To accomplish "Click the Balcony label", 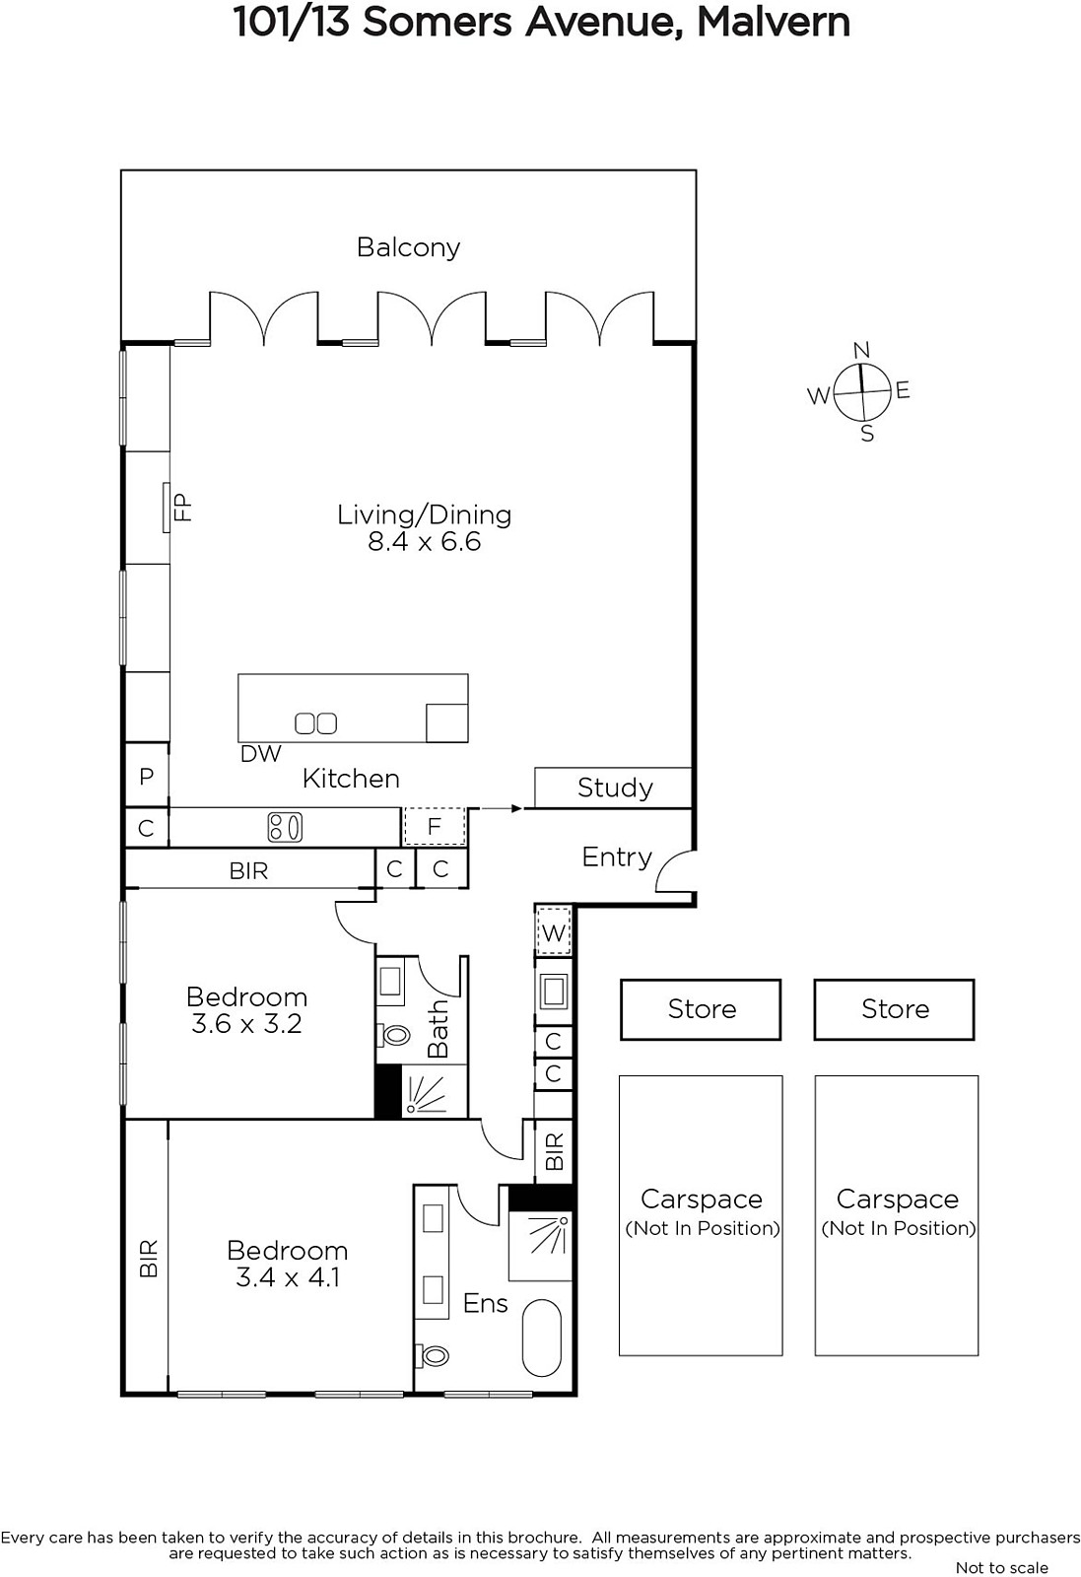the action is click(408, 247).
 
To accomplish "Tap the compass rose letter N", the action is click(861, 350).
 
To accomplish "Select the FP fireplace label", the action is click(182, 507).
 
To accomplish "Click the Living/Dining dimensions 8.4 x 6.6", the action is click(425, 541).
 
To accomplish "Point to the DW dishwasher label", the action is click(260, 754).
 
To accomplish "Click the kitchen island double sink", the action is click(315, 723).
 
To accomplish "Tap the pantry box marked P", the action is click(147, 775).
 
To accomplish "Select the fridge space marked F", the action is click(435, 826).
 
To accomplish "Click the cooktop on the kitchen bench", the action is click(285, 827).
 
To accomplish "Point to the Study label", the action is click(615, 788).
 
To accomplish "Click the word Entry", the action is click(617, 857).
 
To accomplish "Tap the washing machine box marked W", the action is click(554, 932).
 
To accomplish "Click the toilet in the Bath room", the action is click(393, 1035).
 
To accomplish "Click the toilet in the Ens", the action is click(433, 1355).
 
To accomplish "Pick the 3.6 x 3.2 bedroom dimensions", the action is click(246, 1024).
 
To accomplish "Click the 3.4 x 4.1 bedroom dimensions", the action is click(288, 1277).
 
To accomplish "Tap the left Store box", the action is click(701, 1009).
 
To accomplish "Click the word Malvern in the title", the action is click(774, 22).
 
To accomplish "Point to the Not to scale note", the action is click(1001, 1567).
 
